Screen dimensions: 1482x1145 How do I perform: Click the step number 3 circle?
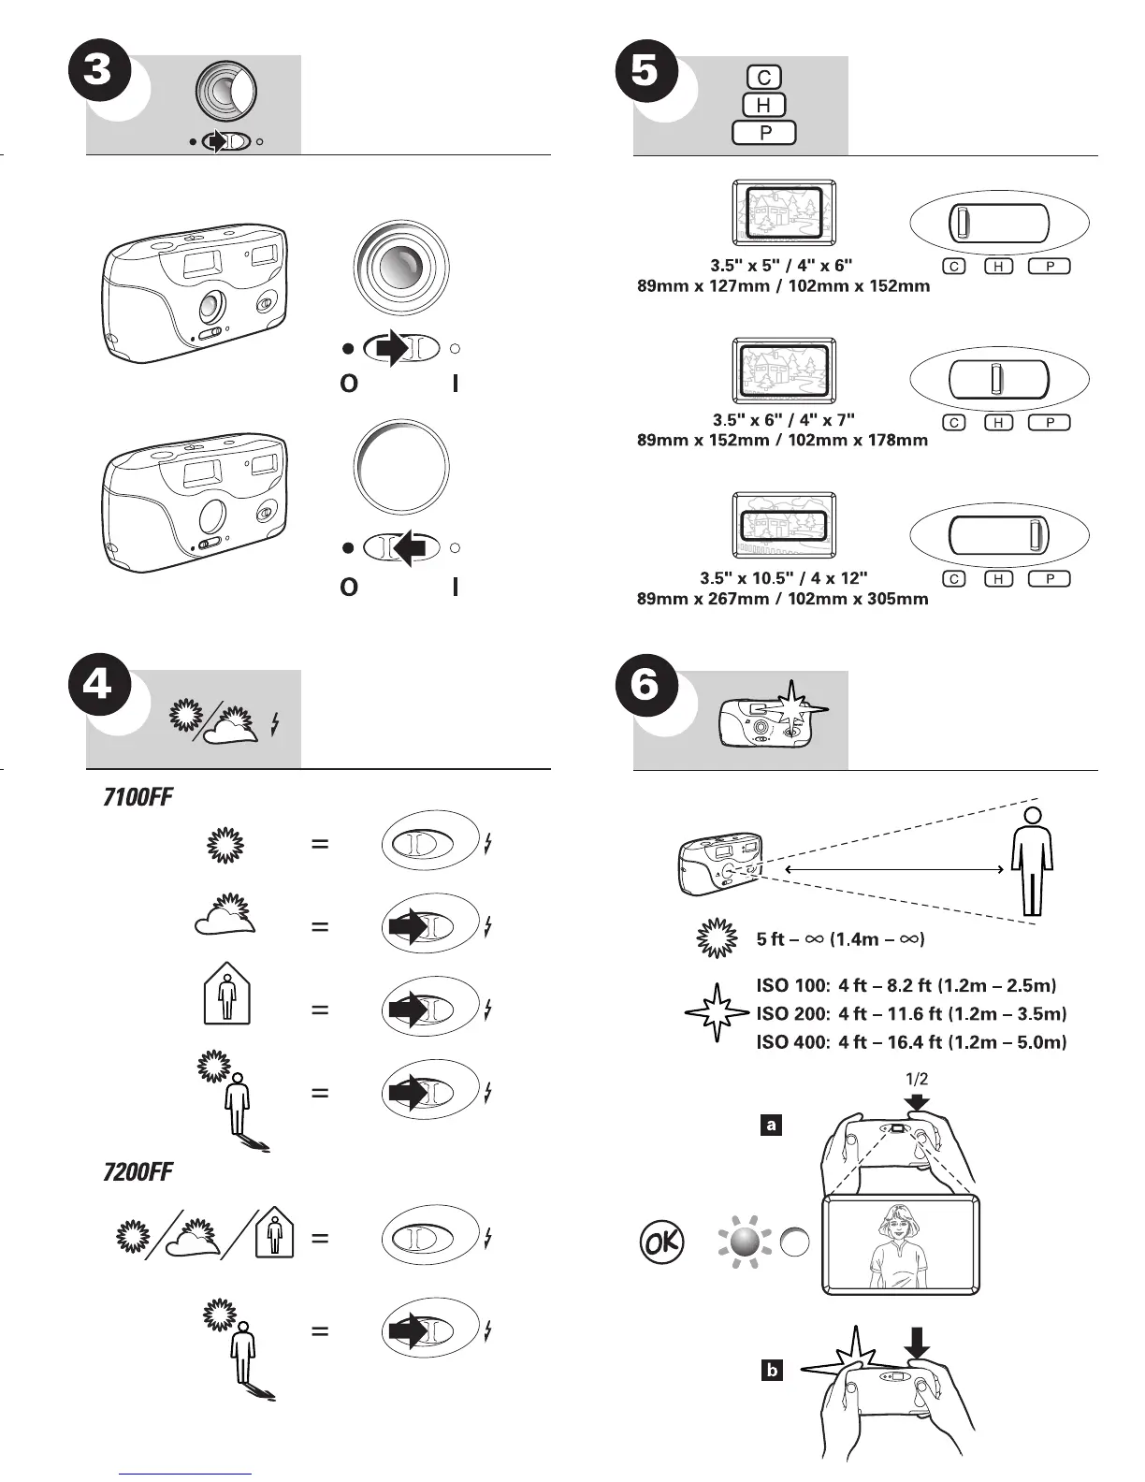(98, 71)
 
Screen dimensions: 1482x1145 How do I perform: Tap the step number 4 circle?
(98, 686)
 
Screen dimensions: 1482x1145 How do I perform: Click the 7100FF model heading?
(138, 798)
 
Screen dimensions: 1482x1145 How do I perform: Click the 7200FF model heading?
(138, 1171)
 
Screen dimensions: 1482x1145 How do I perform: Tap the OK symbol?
(661, 1242)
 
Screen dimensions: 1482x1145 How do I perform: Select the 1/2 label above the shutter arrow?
(917, 1079)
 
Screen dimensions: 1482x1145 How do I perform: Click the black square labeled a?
(771, 1125)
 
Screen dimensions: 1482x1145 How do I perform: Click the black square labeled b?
(772, 1371)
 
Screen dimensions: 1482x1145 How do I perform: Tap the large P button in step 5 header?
(764, 133)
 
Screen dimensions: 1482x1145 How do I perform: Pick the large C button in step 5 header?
(764, 78)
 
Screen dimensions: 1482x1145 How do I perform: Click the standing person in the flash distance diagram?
(1032, 861)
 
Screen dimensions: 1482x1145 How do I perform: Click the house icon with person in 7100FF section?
(227, 997)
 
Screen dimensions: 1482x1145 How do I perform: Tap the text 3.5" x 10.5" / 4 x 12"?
(783, 578)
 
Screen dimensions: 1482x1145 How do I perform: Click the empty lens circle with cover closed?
(401, 467)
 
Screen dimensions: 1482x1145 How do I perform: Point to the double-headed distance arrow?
(894, 870)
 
